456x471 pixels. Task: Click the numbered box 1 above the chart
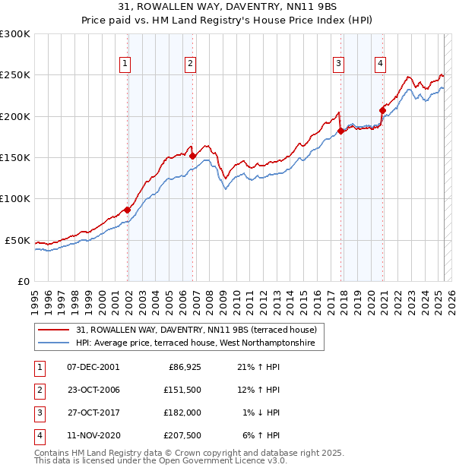coord(124,65)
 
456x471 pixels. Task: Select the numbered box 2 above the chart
coord(189,65)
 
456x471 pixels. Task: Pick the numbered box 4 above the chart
coord(379,65)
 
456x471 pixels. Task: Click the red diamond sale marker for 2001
coord(127,210)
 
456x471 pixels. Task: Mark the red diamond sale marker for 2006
coord(193,156)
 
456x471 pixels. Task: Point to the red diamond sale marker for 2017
coord(341,131)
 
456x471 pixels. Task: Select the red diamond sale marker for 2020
coord(383,110)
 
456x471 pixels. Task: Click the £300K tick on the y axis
coord(15,34)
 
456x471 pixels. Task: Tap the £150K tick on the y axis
coord(15,157)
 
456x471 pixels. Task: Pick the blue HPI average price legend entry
coord(200,343)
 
